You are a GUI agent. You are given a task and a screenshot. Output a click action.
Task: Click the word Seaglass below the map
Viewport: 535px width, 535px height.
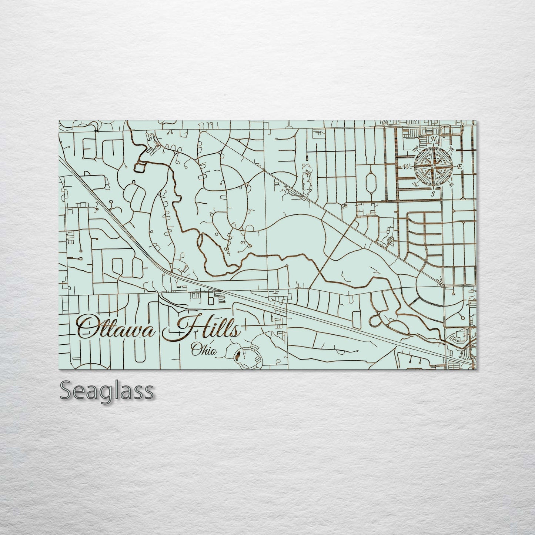point(106,391)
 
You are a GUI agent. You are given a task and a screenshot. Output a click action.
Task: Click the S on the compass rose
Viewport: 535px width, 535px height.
point(432,193)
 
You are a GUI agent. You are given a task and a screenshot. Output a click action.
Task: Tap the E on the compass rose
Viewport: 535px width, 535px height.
point(459,167)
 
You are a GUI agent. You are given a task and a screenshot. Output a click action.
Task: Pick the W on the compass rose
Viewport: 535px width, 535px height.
point(406,167)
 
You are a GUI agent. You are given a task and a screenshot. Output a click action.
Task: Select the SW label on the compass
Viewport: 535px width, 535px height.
point(415,184)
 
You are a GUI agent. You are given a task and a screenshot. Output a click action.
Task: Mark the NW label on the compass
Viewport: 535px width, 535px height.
point(415,150)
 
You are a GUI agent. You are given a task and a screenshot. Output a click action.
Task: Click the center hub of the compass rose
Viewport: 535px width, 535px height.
point(433,167)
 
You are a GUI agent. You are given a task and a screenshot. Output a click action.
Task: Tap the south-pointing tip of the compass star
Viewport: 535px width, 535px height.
point(433,188)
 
